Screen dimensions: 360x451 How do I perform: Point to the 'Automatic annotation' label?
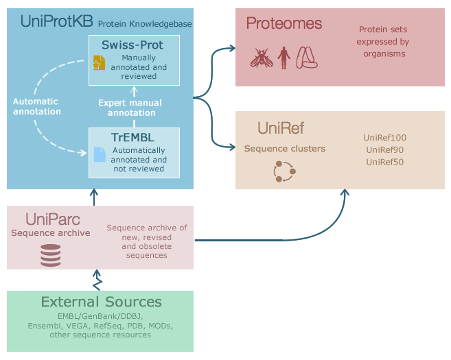[37, 106]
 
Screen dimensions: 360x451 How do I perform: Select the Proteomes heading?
[284, 24]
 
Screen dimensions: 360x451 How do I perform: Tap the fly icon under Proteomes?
[260, 58]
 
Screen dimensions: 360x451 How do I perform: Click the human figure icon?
[283, 58]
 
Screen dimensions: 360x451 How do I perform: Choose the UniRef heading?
[281, 128]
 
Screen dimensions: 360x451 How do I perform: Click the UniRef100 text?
[385, 138]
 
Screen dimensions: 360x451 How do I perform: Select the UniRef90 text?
[385, 149]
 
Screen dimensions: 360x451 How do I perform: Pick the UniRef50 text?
[385, 161]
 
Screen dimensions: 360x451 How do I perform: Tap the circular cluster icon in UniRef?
[284, 171]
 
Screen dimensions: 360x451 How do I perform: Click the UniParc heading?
[53, 219]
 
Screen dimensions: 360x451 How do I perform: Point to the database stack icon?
[50, 256]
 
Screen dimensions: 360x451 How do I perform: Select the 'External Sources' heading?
[101, 302]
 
